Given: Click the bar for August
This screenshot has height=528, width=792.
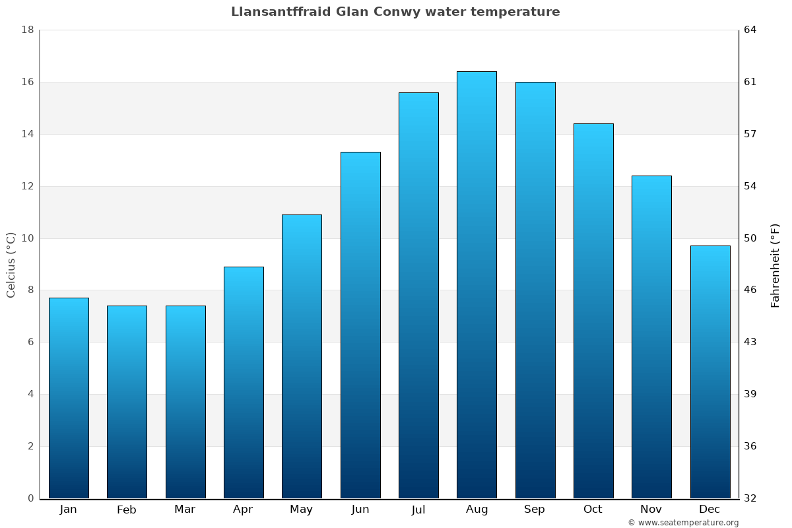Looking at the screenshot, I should (477, 284).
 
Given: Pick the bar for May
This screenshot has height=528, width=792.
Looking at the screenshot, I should (302, 356).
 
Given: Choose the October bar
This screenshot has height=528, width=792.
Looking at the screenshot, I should (593, 311).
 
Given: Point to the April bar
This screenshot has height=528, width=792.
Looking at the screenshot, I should (244, 382).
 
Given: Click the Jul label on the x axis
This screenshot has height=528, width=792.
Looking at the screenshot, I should (418, 510).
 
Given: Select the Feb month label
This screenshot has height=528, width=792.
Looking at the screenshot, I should (127, 510).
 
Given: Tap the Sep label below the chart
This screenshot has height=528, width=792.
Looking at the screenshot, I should (535, 510).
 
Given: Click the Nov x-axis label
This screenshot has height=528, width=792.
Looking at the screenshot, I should (651, 510).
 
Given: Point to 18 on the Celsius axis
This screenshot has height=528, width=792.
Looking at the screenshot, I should (28, 30).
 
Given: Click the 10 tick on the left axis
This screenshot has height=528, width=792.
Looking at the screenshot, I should (28, 238).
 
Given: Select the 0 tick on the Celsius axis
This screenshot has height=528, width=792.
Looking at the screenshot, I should (30, 498).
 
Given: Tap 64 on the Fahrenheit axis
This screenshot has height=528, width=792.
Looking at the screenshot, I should (750, 30).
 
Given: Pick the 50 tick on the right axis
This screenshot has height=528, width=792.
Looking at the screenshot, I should (750, 238).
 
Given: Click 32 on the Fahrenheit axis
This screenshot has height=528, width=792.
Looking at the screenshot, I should (750, 498).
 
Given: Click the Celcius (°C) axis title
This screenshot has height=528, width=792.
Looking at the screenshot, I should (11, 265).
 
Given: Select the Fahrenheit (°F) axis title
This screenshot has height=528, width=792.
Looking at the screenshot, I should (775, 265).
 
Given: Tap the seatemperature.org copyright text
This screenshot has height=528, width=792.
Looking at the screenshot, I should (683, 523).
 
